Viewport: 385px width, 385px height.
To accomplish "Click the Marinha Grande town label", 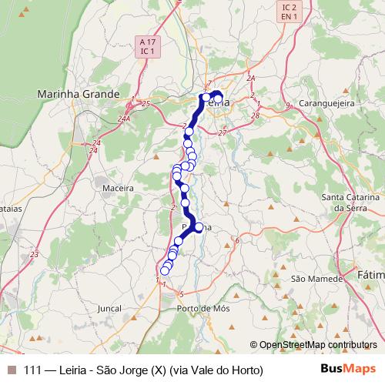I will [79, 94].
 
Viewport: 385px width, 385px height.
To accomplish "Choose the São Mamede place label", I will [311, 277].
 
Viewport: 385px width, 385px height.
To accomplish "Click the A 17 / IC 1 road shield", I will [148, 45].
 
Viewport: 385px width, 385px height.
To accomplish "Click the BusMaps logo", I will [348, 370].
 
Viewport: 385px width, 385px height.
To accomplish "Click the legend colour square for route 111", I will [10, 370].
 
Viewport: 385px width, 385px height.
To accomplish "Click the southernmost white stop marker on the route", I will [164, 270].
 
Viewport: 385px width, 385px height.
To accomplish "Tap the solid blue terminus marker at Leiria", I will [216, 98].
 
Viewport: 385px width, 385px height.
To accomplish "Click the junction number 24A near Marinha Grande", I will [125, 119].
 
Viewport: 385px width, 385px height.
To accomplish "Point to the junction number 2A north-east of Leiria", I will [250, 79].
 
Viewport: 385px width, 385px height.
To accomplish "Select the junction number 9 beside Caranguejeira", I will [287, 105].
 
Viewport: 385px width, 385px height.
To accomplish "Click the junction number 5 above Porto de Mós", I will [180, 293].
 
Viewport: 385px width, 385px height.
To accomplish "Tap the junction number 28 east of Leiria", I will [256, 115].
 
